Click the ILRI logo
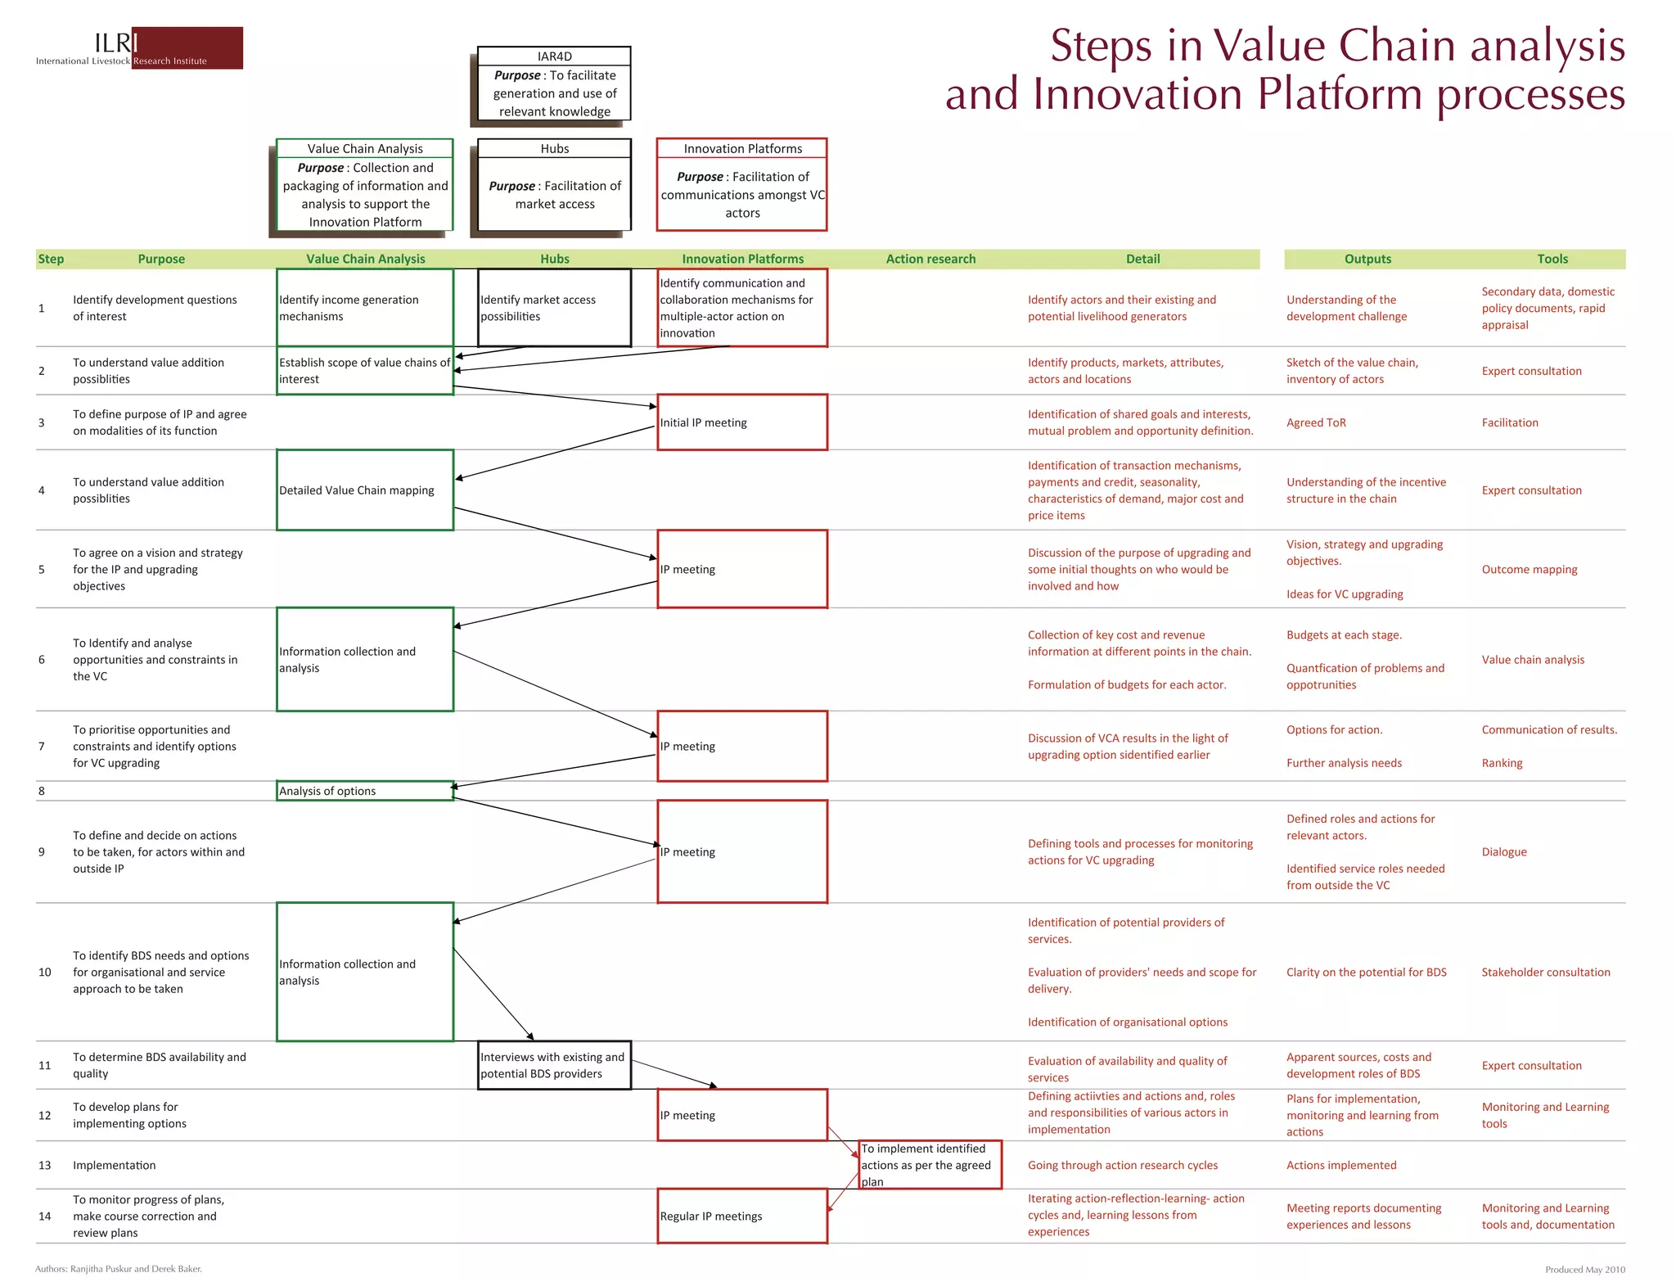(x=139, y=48)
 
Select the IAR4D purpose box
(x=554, y=84)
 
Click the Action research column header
(x=930, y=259)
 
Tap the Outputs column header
(x=1367, y=259)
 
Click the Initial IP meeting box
(x=742, y=422)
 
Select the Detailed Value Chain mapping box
(x=365, y=490)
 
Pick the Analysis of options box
(x=365, y=791)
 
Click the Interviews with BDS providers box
(x=554, y=1065)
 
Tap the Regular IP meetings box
(x=742, y=1216)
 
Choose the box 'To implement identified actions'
(x=930, y=1165)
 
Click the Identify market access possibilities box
(x=554, y=308)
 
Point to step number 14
(x=45, y=1216)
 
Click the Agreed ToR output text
(x=1316, y=422)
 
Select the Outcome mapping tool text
(x=1529, y=569)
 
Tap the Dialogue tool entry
(x=1504, y=851)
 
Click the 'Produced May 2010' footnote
(x=1584, y=1270)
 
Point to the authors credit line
(x=119, y=1269)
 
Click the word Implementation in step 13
(x=114, y=1165)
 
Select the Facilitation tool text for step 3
(x=1510, y=422)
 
